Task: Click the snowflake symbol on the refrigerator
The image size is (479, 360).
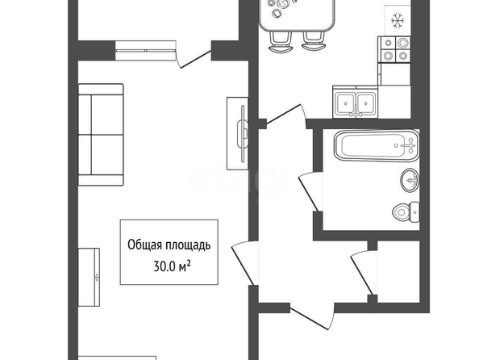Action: pos(398,21)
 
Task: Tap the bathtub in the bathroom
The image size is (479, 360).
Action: pos(377,146)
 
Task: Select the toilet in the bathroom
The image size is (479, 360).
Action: pos(406,212)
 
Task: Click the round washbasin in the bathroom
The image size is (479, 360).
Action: pos(410,180)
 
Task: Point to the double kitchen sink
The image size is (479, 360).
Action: pos(356,103)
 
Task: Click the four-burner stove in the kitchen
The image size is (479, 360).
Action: pos(394,49)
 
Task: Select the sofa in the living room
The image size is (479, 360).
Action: pos(101,135)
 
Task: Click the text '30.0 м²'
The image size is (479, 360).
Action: pos(173,266)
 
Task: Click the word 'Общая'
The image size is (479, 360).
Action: pos(145,245)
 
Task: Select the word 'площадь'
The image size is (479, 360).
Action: pos(188,245)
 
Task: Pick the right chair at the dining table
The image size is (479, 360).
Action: pos(314,40)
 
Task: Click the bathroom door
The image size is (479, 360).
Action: pos(310,192)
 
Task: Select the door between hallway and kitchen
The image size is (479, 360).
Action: pos(285,116)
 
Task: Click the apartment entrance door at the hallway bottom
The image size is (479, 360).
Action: pos(311,317)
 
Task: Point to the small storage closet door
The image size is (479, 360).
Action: pos(364,273)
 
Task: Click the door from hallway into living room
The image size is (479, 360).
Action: pos(244,263)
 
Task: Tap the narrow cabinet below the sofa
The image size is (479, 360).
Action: pos(89,277)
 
